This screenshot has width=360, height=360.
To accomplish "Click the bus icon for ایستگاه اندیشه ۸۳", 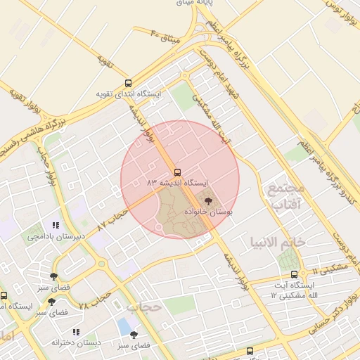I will coord(176,172).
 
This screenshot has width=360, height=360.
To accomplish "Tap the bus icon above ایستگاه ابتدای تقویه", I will coord(127,83).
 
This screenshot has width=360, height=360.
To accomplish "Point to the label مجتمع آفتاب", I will coord(285,196).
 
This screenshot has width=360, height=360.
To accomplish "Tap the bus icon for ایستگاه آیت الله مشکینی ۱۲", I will coord(294,274).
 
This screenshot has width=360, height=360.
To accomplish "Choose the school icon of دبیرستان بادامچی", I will coord(55,226).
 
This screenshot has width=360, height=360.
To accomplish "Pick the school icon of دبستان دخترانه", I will coord(75,332).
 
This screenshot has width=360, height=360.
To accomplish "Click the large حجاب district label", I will coord(144,307).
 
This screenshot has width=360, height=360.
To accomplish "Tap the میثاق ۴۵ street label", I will coord(166,33).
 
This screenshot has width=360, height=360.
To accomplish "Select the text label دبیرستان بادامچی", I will coord(56,236).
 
